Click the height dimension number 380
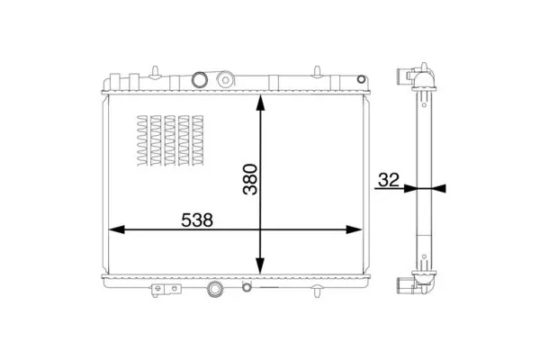[250, 179]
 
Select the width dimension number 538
[197, 220]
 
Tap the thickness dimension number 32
[389, 180]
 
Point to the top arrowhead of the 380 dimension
[260, 103]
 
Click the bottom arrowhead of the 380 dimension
[260, 266]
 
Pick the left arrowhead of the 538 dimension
[117, 229]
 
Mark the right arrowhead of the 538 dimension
[354, 229]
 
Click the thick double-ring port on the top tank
[200, 79]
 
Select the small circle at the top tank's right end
[361, 79]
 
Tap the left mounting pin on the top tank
[156, 72]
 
